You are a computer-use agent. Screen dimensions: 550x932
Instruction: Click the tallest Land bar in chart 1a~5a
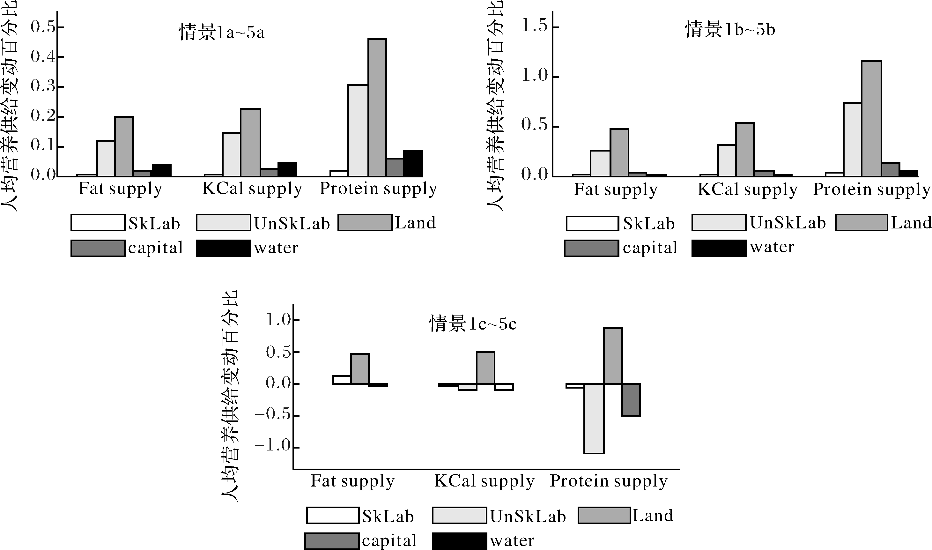377,108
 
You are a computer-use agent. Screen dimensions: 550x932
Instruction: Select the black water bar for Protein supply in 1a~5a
413,163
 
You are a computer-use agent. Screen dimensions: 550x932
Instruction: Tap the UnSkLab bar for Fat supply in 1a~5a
106,159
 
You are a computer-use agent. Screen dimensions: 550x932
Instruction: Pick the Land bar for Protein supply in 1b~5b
871,119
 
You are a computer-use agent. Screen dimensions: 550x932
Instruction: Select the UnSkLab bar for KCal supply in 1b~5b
727,160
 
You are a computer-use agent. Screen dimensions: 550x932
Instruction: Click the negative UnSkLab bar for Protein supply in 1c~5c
594,419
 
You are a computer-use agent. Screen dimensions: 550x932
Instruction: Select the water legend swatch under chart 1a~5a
223,248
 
